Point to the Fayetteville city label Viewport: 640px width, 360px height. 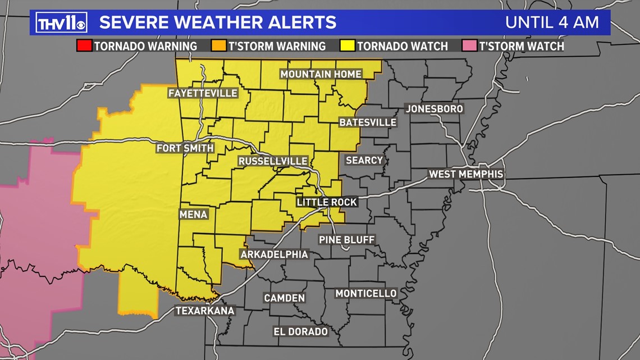pyautogui.click(x=203, y=93)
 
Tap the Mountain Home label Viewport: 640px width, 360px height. pyautogui.click(x=321, y=74)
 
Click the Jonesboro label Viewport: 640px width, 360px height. pyautogui.click(x=435, y=108)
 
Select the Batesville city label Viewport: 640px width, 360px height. pyautogui.click(x=368, y=122)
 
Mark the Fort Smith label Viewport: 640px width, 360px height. pyautogui.click(x=185, y=148)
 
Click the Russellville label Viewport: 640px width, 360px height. pyautogui.click(x=273, y=161)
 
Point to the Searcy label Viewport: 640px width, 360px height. pyautogui.click(x=364, y=161)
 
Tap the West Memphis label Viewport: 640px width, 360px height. pyautogui.click(x=466, y=174)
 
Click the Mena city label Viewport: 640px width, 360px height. pyautogui.click(x=194, y=215)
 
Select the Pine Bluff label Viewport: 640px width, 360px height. pyautogui.click(x=346, y=240)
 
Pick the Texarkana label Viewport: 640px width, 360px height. pyautogui.click(x=205, y=311)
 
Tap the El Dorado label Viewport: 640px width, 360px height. pyautogui.click(x=300, y=331)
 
